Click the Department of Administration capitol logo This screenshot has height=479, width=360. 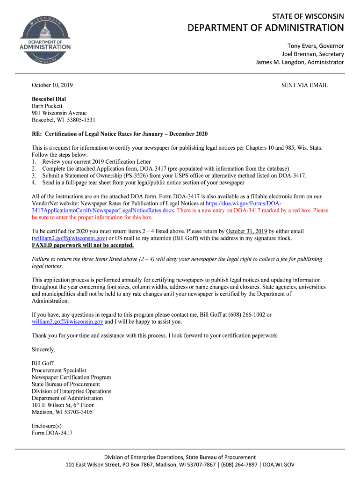[x=45, y=41]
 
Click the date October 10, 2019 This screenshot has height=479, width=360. [x=52, y=85]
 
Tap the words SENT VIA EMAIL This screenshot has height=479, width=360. [x=304, y=85]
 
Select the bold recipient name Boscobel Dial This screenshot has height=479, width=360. [x=49, y=99]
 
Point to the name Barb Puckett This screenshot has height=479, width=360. [x=47, y=106]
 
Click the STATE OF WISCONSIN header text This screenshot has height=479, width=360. [x=308, y=16]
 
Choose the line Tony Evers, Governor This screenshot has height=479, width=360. [x=315, y=46]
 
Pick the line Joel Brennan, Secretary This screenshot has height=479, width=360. [x=312, y=54]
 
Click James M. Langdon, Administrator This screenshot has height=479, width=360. [x=299, y=62]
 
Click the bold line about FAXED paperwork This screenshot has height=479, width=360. [x=83, y=245]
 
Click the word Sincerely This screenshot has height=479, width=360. [x=43, y=349]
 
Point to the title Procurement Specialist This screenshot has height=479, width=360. [x=59, y=370]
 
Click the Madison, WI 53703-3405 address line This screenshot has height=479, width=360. [x=62, y=412]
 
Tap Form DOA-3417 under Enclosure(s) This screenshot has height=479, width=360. [x=52, y=433]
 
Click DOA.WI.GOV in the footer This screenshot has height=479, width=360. [x=279, y=464]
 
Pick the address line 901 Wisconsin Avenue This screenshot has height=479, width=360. [x=59, y=113]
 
